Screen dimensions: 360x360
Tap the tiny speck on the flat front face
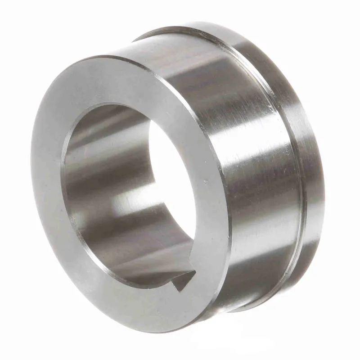(x=207, y=182)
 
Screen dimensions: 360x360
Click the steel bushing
(x=180, y=180)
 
